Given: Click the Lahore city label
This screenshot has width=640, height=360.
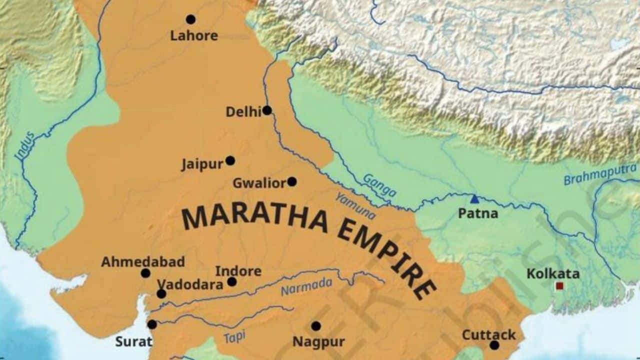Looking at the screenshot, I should click(194, 35).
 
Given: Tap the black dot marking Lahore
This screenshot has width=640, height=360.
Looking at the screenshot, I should click(190, 19).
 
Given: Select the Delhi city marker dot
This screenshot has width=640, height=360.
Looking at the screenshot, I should click(267, 110).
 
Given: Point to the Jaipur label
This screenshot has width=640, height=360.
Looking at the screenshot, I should click(202, 164).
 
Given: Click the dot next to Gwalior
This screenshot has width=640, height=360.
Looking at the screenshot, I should click(291, 181).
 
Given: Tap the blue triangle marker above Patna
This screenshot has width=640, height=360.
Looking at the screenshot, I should click(474, 199).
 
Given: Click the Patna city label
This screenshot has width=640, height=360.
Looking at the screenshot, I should click(478, 213).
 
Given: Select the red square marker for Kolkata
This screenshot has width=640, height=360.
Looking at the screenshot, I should click(559, 286).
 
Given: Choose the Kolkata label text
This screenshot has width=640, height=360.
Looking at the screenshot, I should click(553, 273).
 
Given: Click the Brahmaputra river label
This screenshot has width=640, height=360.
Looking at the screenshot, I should click(599, 174).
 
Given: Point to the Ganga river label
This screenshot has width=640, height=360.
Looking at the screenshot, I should click(379, 185).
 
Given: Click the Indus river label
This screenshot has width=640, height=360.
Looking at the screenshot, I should click(24, 145).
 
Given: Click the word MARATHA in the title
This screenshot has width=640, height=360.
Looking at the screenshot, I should click(254, 219).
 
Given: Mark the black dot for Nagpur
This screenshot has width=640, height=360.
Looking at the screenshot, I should click(316, 326).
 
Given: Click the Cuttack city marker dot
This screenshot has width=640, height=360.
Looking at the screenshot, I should click(494, 345).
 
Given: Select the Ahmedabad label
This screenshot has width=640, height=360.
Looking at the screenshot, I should click(143, 261).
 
